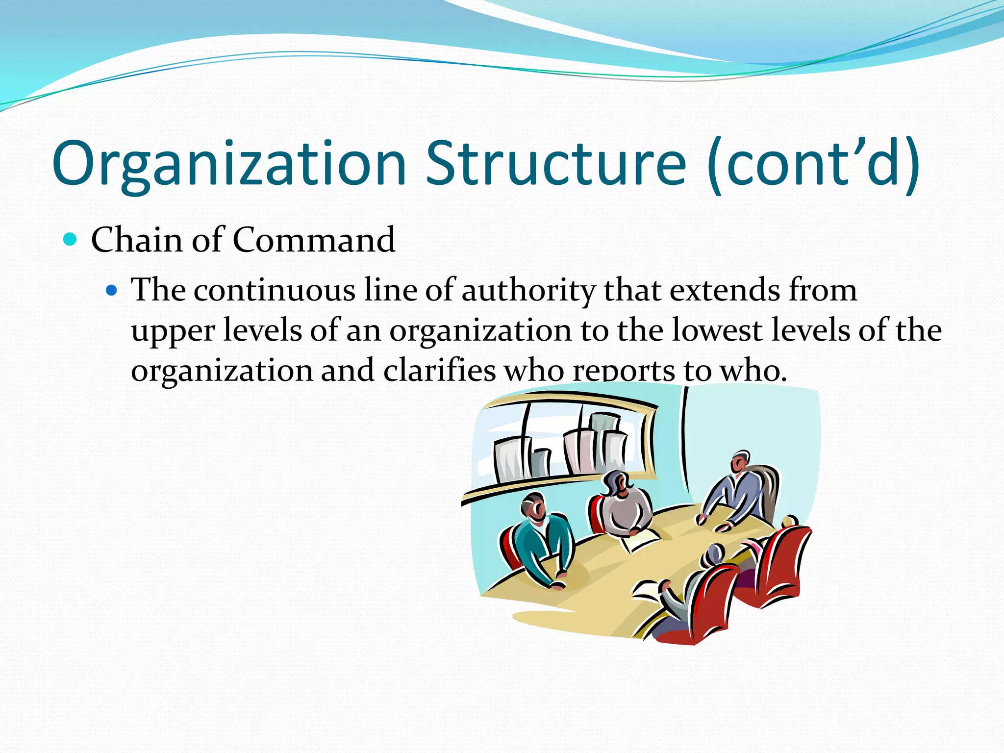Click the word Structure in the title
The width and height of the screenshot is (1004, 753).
555,164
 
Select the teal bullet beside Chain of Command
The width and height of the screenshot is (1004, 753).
71,240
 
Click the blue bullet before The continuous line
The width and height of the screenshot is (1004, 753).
112,291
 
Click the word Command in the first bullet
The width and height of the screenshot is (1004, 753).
314,240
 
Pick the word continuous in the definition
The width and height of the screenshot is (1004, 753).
275,290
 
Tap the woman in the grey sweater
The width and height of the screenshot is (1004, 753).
625,505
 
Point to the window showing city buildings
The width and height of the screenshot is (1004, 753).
564,441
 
